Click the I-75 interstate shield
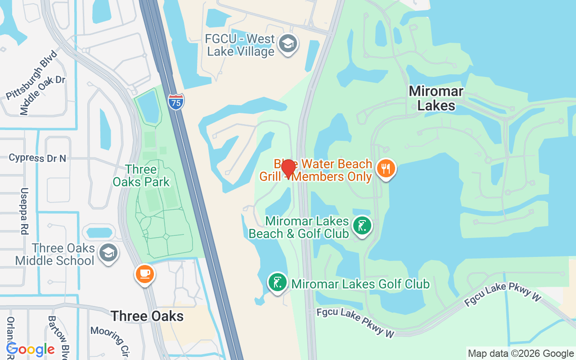(176, 102)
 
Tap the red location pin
(288, 169)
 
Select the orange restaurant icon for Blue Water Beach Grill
(386, 169)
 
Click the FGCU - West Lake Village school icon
(287, 44)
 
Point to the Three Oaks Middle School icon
(108, 253)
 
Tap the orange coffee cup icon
(144, 274)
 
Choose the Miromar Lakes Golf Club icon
(278, 283)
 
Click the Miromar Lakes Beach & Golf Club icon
(362, 225)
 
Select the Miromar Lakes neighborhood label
(436, 99)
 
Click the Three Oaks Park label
(141, 175)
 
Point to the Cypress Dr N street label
(37, 158)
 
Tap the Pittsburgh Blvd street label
(32, 76)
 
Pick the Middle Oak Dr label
(43, 95)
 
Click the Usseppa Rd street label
(24, 211)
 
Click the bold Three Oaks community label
(147, 316)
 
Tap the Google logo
(31, 349)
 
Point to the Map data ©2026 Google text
(521, 354)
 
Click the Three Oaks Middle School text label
(55, 254)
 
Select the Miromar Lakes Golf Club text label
(360, 284)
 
